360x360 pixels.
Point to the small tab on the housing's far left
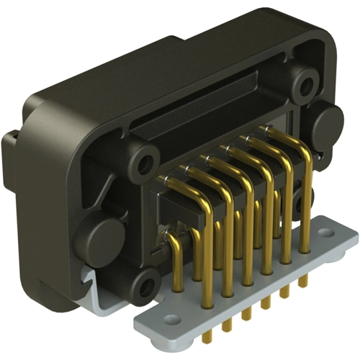coord(10,144)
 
